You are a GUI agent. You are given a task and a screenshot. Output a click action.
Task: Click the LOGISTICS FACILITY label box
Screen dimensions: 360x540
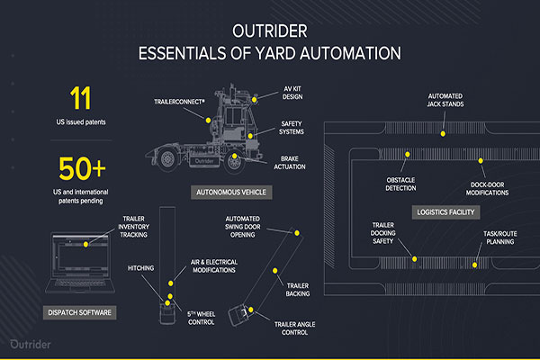[x=446, y=212]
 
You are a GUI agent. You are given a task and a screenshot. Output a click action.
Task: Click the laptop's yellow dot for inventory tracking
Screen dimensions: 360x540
[x=87, y=244]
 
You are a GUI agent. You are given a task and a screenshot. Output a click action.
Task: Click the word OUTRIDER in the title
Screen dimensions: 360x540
[x=270, y=29]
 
